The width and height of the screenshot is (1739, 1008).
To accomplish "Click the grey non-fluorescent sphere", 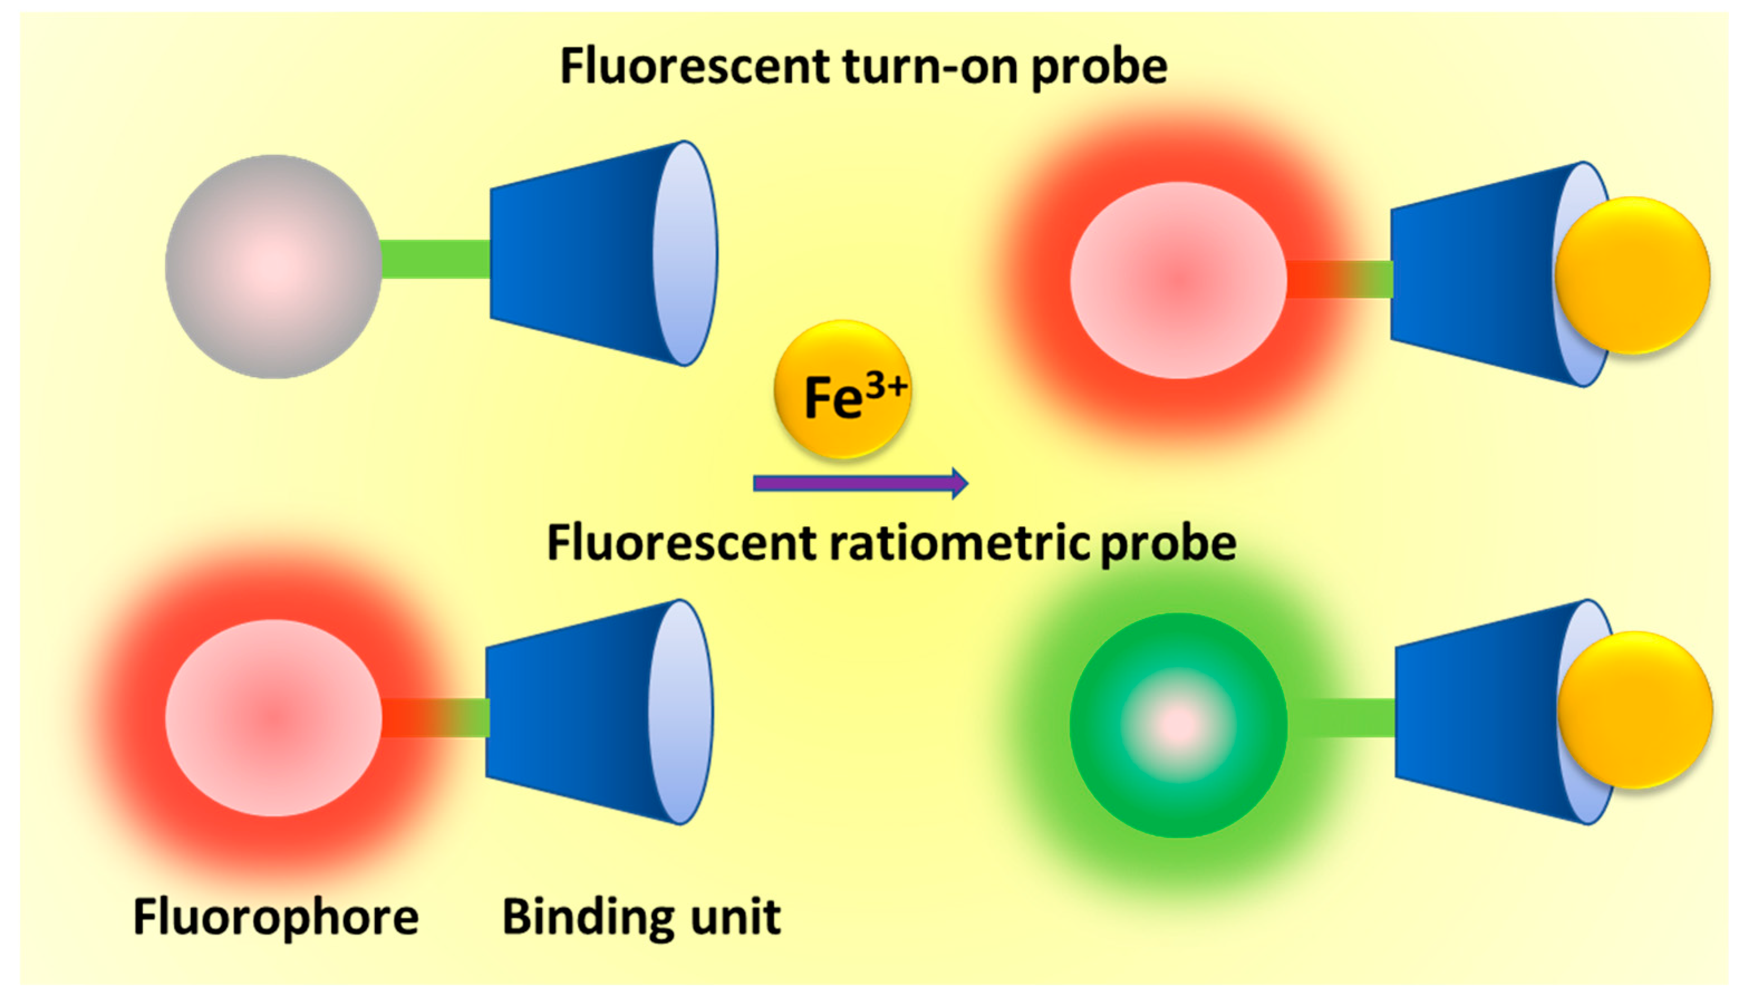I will pyautogui.click(x=273, y=266).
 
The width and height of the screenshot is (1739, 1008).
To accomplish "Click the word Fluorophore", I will pyautogui.click(x=275, y=918).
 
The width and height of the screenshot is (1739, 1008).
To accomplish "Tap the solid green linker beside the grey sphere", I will pyautogui.click(x=435, y=259).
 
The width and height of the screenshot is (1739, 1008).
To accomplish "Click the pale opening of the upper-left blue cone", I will pyautogui.click(x=685, y=254).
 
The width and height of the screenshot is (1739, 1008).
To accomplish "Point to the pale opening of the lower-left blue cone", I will pyautogui.click(x=680, y=712).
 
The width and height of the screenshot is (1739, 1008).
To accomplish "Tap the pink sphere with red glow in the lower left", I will pyautogui.click(x=273, y=718).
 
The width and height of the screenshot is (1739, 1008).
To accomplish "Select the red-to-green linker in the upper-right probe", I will pyautogui.click(x=1339, y=279).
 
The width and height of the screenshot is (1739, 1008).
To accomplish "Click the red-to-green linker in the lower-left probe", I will pyautogui.click(x=435, y=718).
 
